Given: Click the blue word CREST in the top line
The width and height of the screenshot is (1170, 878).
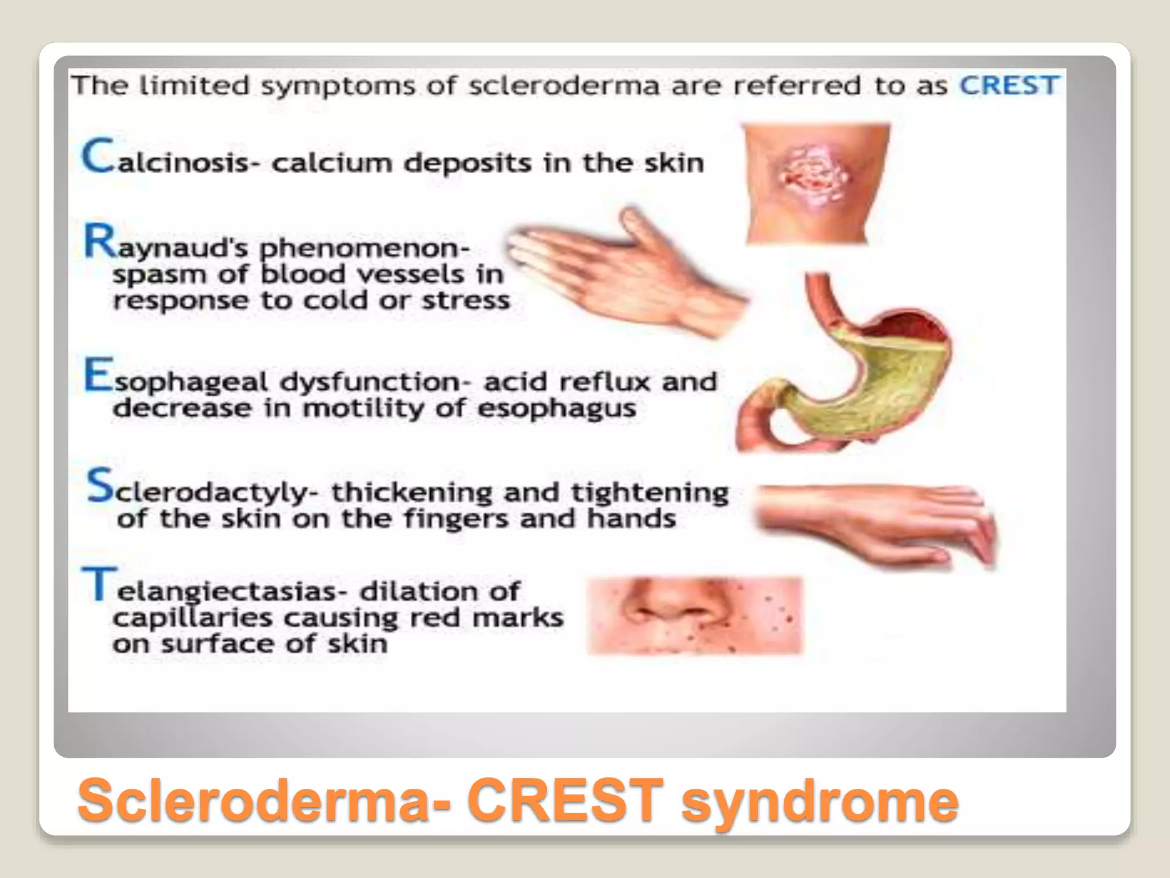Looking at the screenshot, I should click(1008, 86).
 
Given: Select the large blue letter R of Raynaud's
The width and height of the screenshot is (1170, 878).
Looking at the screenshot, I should click(101, 241).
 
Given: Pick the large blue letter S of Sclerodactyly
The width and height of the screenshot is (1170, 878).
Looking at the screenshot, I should click(101, 485).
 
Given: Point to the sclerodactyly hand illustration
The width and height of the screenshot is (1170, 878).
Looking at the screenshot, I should click(874, 520).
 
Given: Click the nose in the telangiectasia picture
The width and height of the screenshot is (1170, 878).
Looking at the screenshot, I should click(663, 606).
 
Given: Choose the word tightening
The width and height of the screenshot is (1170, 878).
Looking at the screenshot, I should click(650, 493).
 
